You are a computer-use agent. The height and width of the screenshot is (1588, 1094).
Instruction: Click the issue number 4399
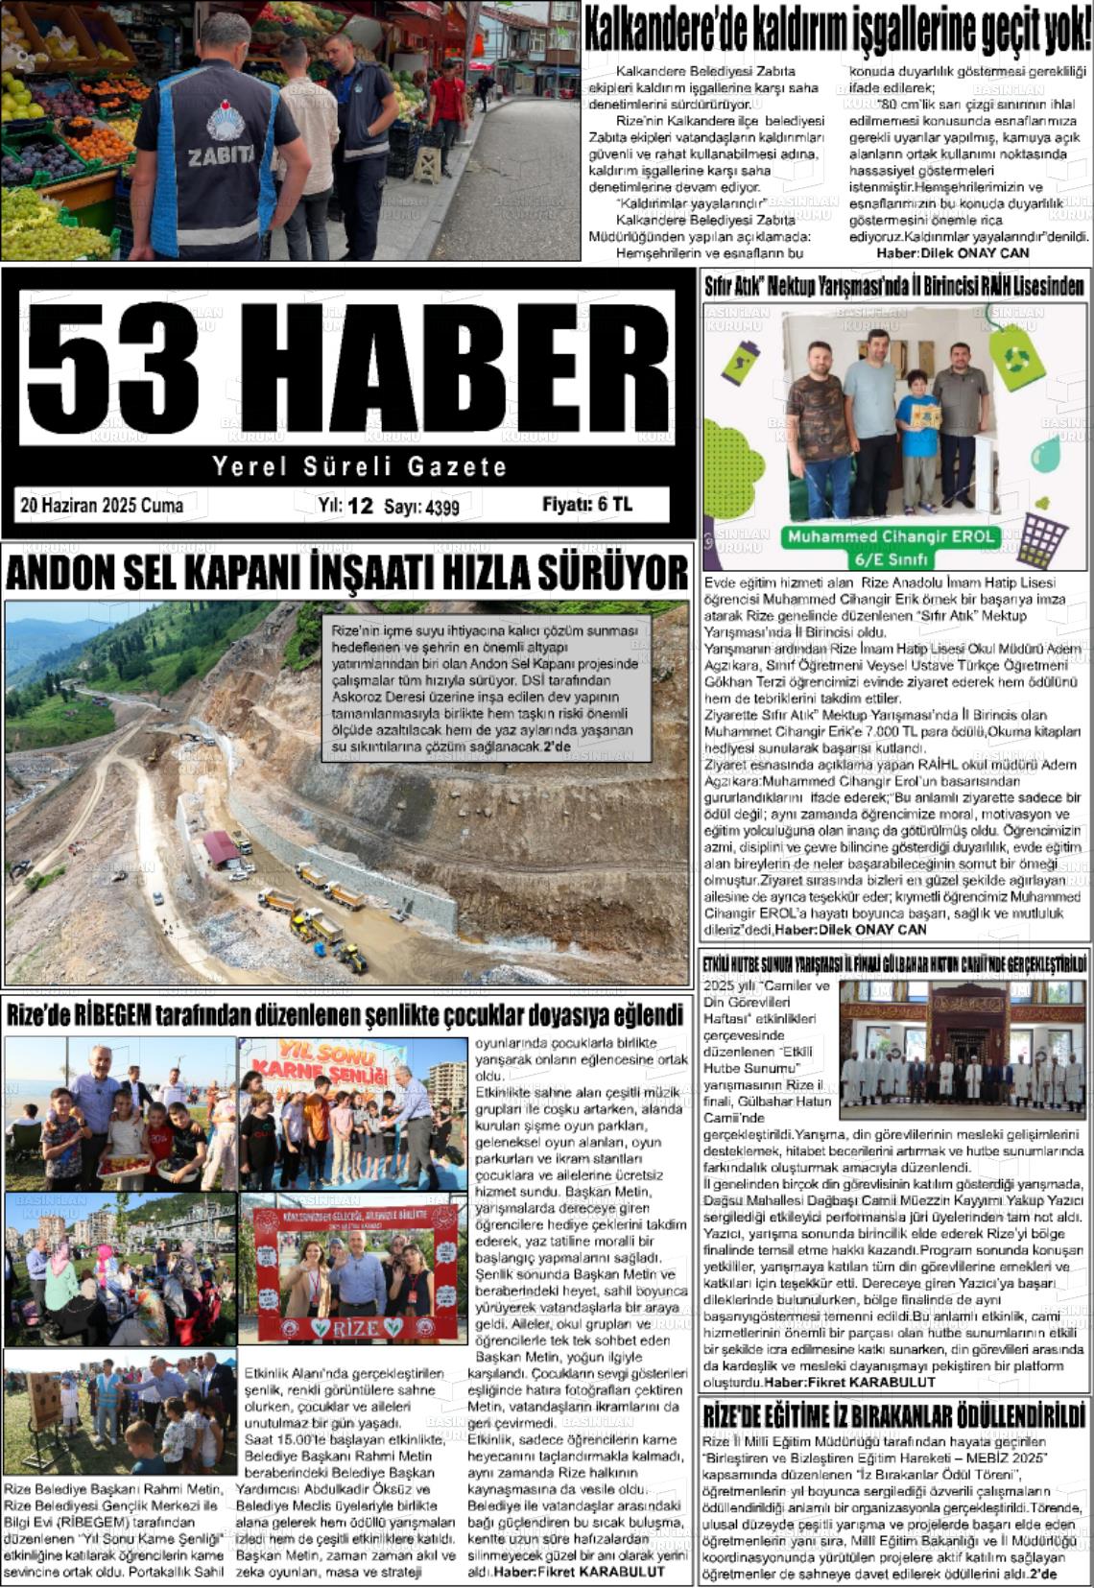(441, 508)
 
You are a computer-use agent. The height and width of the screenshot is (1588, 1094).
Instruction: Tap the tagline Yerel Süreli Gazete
(359, 467)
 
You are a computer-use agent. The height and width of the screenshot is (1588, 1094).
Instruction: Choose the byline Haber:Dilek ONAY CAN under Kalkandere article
(952, 253)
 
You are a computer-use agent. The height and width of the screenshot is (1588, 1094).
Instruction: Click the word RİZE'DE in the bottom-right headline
(748, 1416)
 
